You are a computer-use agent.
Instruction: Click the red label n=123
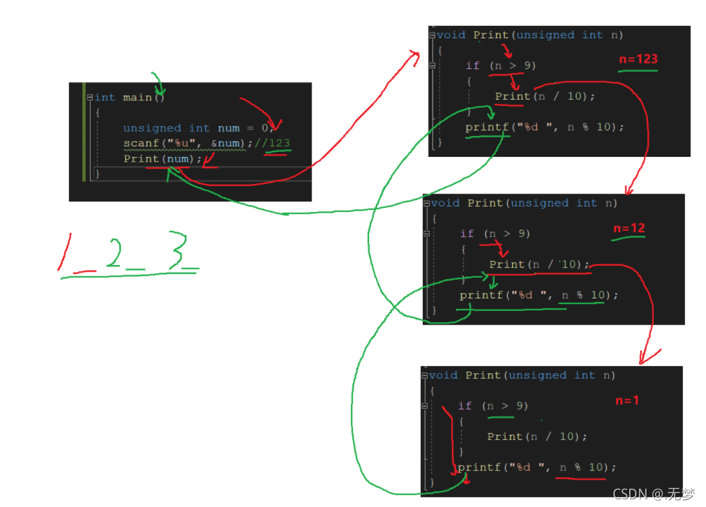638,59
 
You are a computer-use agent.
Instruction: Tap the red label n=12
629,229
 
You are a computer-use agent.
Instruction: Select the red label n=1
626,400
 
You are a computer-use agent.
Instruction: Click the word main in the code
137,98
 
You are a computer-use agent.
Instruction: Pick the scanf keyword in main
140,144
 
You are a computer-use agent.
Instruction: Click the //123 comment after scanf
273,144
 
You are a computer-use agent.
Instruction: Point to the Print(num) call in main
163,159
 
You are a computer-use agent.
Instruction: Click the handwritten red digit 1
66,252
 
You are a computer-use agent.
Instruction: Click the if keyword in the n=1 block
465,406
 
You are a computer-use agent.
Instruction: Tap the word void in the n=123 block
451,35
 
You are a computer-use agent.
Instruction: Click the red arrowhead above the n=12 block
630,189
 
